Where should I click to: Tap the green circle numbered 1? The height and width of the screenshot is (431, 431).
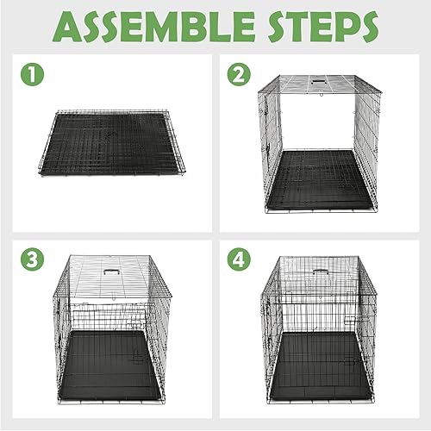click(33, 75)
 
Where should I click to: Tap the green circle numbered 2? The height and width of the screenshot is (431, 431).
click(238, 75)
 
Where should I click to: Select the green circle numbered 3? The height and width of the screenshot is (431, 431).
click(33, 259)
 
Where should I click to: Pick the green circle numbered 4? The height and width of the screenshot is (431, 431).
click(238, 259)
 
